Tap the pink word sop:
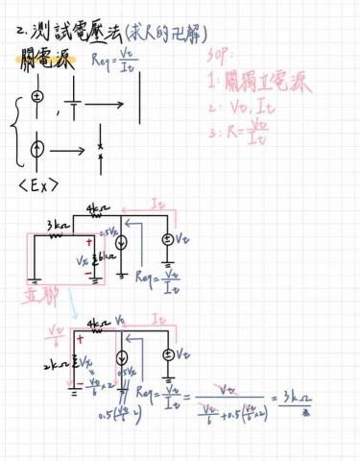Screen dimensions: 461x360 click(x=222, y=57)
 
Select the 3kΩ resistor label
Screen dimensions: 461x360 click(x=58, y=227)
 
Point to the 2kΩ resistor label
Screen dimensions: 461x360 click(x=55, y=364)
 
